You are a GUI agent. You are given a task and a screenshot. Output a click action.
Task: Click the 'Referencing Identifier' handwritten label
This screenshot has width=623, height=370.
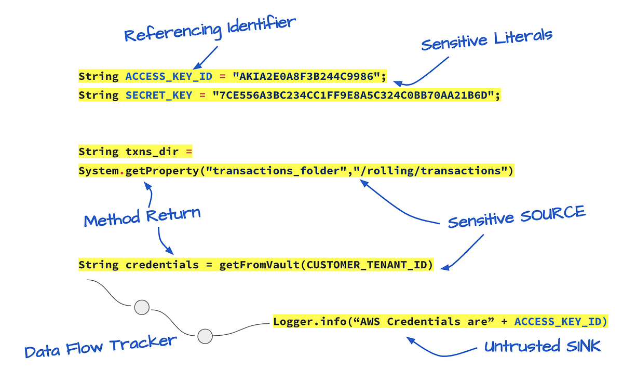(210, 30)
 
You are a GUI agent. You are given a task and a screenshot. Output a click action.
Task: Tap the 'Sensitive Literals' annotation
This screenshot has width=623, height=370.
(486, 40)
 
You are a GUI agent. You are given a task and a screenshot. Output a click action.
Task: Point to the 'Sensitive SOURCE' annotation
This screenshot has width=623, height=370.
(517, 216)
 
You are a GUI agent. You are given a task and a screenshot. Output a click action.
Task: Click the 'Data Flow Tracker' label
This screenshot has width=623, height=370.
(101, 346)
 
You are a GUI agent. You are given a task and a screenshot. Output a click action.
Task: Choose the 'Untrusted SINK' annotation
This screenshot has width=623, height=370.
(543, 346)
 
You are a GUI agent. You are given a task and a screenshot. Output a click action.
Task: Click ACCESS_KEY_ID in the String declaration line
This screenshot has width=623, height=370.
(169, 77)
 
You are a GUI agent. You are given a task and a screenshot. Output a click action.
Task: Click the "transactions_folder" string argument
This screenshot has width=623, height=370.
(277, 171)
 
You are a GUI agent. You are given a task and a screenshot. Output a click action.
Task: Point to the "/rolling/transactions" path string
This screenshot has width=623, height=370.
(431, 171)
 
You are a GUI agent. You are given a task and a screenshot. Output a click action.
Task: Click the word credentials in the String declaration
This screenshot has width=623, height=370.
(162, 265)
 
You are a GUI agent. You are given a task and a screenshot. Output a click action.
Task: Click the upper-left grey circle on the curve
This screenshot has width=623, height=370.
(142, 307)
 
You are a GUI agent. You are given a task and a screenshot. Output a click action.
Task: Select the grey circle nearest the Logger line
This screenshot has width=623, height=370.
(206, 336)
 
